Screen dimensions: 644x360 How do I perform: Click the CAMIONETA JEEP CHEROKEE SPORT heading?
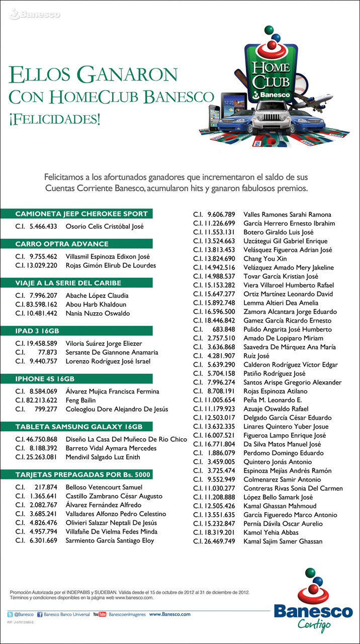click(81, 214)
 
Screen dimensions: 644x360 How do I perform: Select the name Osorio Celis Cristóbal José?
click(105, 226)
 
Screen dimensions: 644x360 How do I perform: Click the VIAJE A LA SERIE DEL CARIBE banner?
click(68, 283)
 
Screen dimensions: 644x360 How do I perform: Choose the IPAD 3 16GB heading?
click(37, 331)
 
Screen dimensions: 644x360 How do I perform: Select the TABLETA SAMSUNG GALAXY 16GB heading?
click(79, 427)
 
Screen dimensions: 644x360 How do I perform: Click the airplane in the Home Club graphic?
click(332, 99)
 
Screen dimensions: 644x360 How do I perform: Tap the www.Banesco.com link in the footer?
click(169, 614)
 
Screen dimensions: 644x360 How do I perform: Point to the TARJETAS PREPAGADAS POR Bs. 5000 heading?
click(83, 474)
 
